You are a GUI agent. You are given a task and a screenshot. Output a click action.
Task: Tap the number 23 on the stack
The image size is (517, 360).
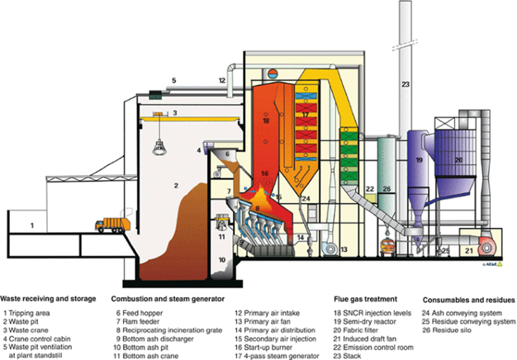coord(406,85)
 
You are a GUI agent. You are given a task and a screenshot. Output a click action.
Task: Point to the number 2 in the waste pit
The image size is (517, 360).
coord(176,187)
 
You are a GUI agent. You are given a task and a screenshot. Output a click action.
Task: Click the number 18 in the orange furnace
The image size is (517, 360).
coord(265,121)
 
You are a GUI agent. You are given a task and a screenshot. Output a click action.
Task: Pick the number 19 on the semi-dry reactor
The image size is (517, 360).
coord(419,159)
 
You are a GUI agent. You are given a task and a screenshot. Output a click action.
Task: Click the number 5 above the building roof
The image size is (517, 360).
coord(173,80)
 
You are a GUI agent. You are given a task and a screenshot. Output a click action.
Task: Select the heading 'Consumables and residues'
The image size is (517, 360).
coord(469,299)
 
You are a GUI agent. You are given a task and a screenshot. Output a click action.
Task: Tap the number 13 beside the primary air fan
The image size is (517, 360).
coord(344,248)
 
